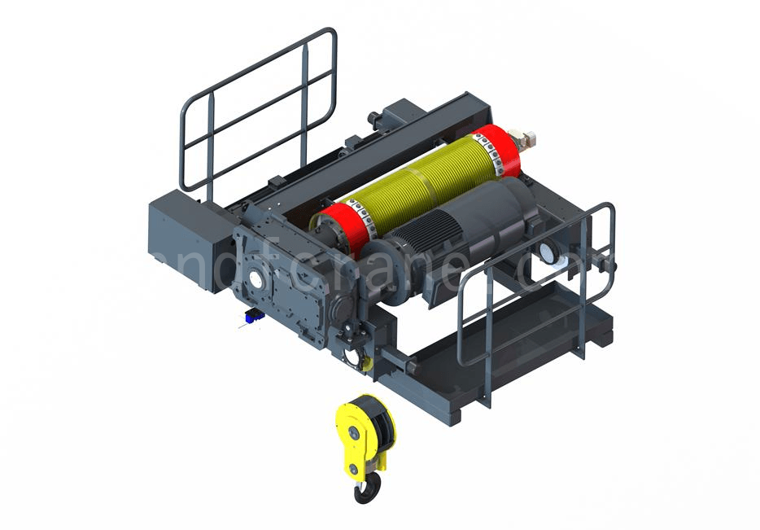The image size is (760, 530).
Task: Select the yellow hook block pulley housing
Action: point(358,431)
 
